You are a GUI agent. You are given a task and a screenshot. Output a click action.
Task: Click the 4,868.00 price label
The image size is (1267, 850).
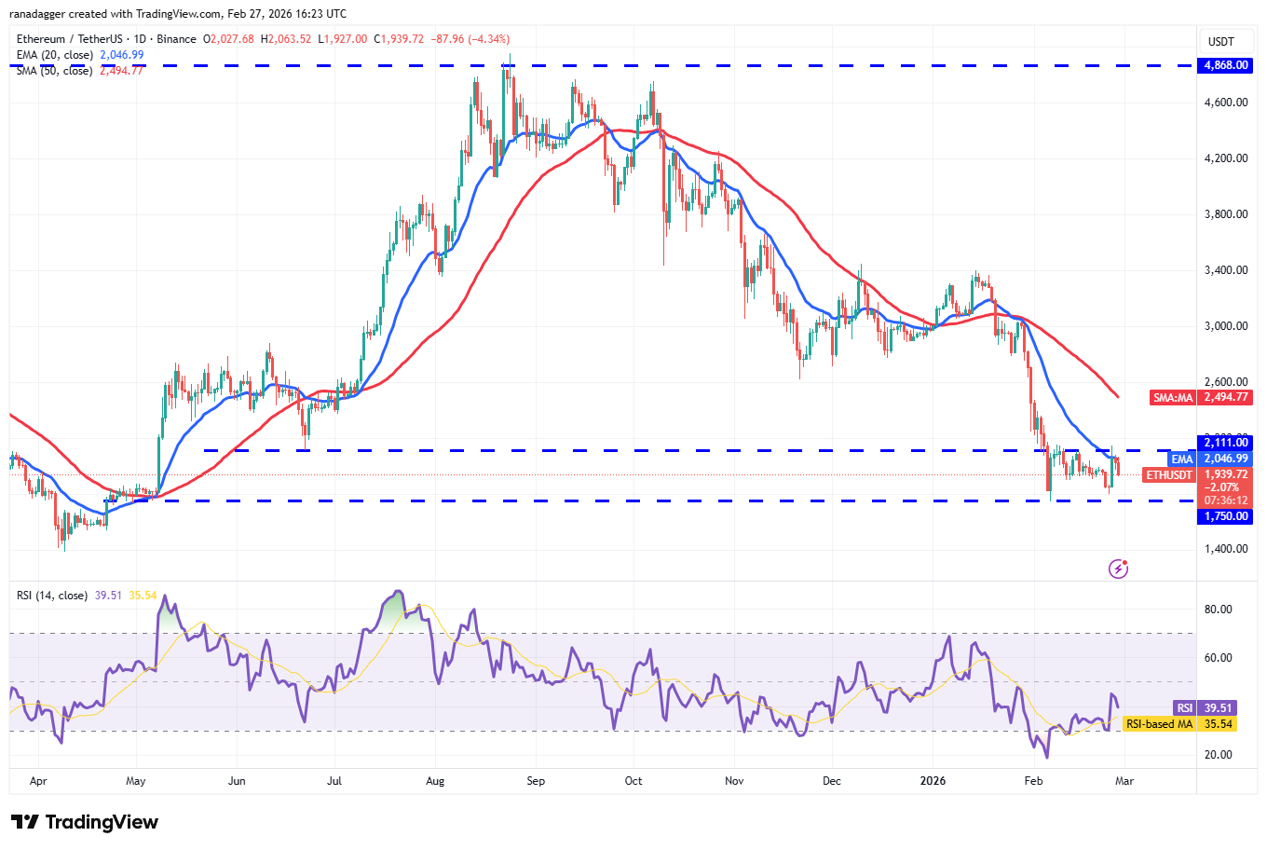[1225, 65]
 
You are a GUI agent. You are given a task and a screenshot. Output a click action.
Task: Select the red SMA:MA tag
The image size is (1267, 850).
[1173, 397]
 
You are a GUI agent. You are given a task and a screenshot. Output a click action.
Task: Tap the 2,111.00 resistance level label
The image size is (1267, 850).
[1225, 443]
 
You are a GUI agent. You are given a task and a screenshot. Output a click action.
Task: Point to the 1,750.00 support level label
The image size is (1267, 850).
[1225, 516]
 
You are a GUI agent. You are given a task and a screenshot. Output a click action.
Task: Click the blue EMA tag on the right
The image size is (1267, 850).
[1182, 459]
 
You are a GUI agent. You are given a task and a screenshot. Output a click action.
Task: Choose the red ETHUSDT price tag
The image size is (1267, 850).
[1169, 475]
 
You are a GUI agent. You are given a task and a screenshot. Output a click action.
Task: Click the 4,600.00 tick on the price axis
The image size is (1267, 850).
[1225, 103]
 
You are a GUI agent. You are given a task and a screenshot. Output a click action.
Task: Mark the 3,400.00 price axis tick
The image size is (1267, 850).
[1225, 270]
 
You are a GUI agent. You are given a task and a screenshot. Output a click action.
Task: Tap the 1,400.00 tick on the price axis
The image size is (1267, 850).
[1225, 549]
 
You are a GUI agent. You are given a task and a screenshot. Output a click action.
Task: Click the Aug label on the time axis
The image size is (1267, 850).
[435, 781]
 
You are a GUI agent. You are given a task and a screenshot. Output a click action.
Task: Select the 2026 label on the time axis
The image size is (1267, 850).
[933, 781]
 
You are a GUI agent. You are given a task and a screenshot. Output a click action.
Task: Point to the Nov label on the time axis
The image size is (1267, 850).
[734, 781]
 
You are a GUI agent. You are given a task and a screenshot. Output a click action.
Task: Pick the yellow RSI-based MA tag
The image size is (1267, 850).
[1159, 724]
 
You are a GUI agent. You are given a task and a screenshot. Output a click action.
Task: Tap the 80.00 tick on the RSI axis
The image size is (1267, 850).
[1219, 610]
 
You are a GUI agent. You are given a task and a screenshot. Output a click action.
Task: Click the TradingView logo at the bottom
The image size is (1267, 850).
[85, 822]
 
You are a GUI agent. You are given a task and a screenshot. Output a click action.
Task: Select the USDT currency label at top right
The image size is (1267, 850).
[1220, 42]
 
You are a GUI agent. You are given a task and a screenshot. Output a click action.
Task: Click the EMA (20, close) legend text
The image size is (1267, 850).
[55, 55]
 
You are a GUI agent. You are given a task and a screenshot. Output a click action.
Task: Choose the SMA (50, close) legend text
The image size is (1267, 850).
[55, 71]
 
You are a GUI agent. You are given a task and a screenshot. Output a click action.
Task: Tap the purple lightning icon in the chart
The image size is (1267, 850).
[1119, 568]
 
